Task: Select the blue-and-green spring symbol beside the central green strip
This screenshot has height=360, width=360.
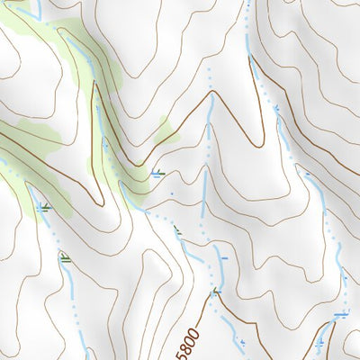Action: click(x=158, y=174)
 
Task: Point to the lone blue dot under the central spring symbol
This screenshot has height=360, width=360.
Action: click(x=168, y=191)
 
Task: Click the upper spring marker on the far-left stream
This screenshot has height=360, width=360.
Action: click(x=43, y=209)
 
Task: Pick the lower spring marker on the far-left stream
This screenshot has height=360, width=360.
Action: click(x=64, y=258)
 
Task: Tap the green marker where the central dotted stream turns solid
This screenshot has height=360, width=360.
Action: click(x=177, y=231)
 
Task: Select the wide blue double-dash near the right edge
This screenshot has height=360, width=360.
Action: click(x=340, y=314)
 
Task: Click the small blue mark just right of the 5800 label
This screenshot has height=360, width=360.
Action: click(x=241, y=342)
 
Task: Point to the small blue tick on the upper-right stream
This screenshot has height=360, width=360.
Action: click(x=278, y=110)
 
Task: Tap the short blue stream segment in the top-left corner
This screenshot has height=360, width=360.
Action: click(x=38, y=9)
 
